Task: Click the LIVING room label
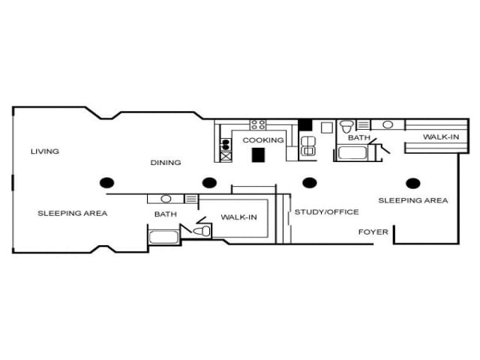[x=44, y=151]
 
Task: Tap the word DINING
[x=165, y=163]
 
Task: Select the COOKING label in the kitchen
[x=263, y=140]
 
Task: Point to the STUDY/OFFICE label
[x=326, y=212]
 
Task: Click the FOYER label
[x=373, y=232]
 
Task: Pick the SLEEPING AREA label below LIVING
[x=73, y=213]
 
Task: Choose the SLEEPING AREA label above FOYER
[x=412, y=200]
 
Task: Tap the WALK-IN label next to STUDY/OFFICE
[x=238, y=217]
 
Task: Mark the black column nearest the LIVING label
[x=107, y=182]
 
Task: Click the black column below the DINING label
[x=209, y=182]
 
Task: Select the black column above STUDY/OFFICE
[x=309, y=182]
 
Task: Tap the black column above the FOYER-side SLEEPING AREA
[x=412, y=182]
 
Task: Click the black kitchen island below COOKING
[x=259, y=154]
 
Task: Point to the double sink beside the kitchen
[x=307, y=145]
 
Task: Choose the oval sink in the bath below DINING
[x=166, y=199]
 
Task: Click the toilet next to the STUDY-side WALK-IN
[x=200, y=231]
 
